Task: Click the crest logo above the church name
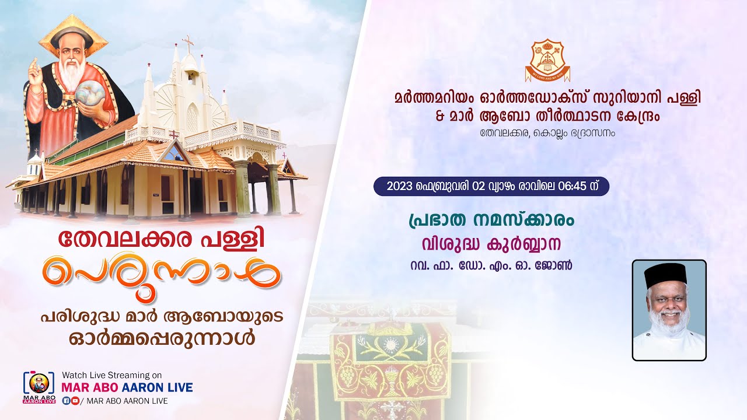pyautogui.click(x=547, y=60)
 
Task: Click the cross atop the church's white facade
pyautogui.click(x=187, y=43)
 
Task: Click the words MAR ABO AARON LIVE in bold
pyautogui.click(x=127, y=387)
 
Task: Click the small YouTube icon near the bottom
pyautogui.click(x=75, y=401)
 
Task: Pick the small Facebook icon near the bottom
pyautogui.click(x=66, y=401)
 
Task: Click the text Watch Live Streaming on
pyautogui.click(x=112, y=375)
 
